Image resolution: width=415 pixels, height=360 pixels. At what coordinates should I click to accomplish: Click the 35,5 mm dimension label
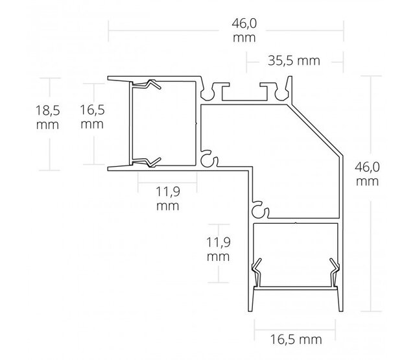294,61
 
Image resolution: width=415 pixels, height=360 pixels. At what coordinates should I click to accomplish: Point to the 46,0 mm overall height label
367,173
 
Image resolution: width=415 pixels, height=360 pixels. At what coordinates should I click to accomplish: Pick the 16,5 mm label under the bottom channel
295,338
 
